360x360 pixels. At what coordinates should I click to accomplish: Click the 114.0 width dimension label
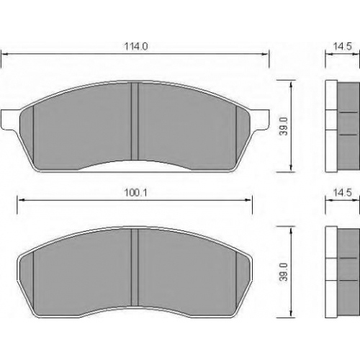coord(136,46)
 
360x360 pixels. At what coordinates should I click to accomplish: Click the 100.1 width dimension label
coord(135,192)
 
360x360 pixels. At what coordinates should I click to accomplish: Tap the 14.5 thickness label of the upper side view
coord(342,46)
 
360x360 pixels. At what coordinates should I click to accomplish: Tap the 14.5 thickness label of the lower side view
coord(342,192)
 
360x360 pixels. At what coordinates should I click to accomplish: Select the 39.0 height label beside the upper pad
coord(284,127)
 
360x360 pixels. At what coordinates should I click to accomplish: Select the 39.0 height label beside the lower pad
coord(284,272)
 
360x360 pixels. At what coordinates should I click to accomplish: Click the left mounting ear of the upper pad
coord(10,120)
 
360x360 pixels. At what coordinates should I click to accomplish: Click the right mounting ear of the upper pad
coord(259,120)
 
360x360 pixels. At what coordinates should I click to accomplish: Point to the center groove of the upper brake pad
coord(135,121)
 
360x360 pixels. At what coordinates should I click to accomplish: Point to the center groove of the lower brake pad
coord(135,267)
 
